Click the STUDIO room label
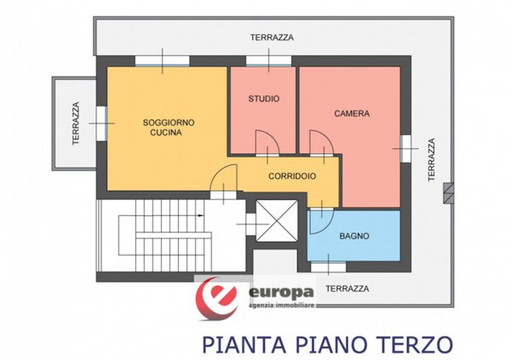coord(264,99)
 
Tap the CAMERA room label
coord(352,113)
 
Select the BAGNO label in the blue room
coord(354,236)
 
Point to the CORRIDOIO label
coord(292,176)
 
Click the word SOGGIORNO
coord(169,123)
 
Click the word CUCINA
coord(166,133)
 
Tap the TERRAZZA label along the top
coord(272,37)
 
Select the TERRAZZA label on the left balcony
coord(76,123)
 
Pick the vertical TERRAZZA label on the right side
coord(432,160)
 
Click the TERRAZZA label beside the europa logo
coord(347,289)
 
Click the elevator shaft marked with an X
coord(277,220)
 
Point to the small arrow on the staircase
coord(200,215)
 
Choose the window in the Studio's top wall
coord(268,61)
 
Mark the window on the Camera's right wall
coord(405,149)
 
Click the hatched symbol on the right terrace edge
coord(449,193)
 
